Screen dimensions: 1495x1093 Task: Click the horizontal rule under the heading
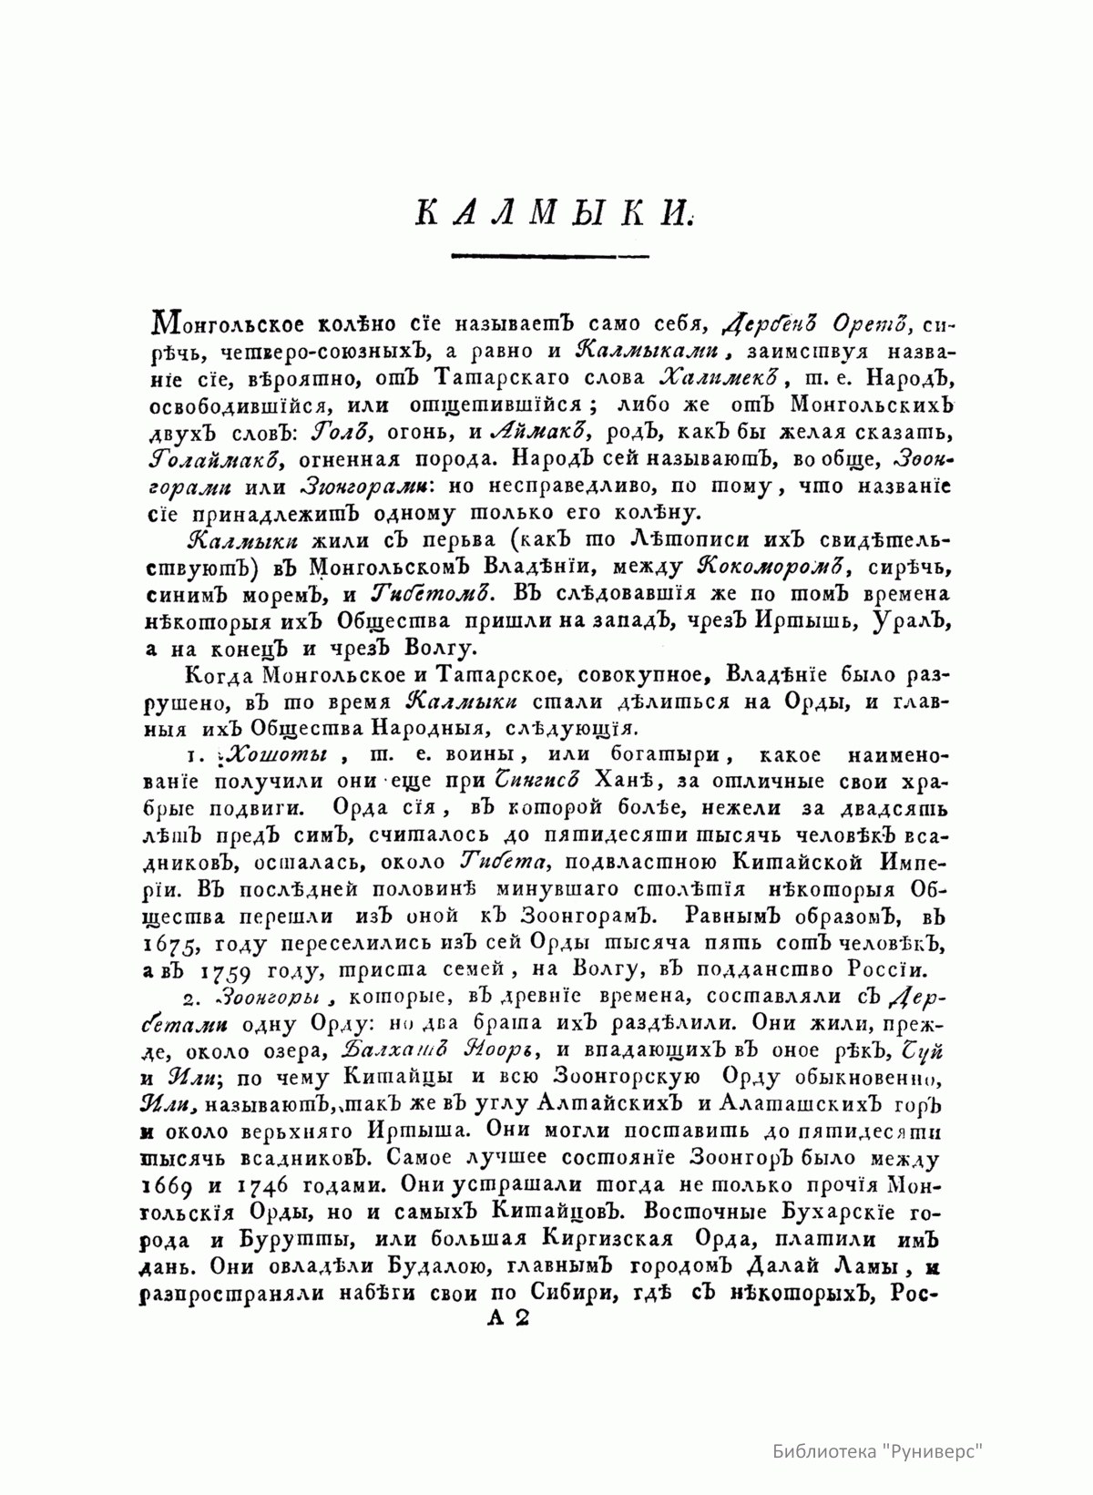coord(550,255)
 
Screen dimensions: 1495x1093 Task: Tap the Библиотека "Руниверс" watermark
coord(879,1450)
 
